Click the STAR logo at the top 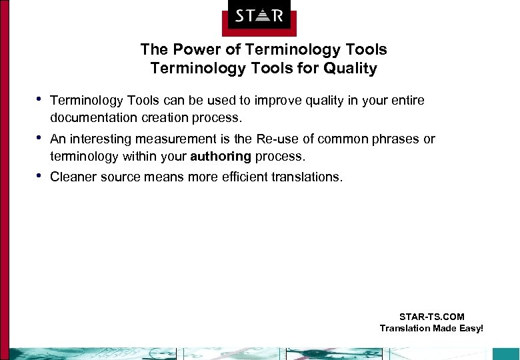[259, 15]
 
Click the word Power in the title [190, 50]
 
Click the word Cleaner [73, 177]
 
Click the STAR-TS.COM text [431, 317]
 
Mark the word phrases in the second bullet [399, 139]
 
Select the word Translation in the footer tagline [405, 328]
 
